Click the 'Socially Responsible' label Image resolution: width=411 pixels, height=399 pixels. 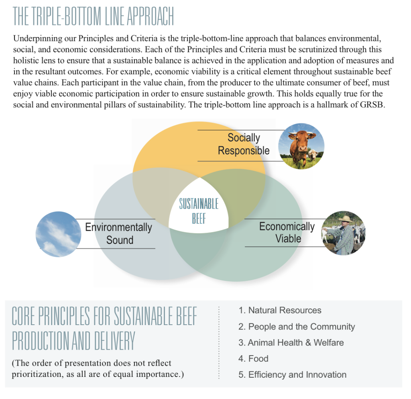[244, 144]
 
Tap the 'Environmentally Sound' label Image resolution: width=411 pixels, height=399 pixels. [119, 233]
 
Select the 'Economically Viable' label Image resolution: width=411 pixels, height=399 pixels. [287, 232]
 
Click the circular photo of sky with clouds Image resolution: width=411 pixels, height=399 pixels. [58, 234]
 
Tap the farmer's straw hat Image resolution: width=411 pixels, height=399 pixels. [345, 219]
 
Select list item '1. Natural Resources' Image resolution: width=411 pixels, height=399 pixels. [280, 310]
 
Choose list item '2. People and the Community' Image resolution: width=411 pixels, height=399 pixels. [297, 327]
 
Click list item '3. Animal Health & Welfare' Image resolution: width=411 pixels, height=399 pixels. [291, 343]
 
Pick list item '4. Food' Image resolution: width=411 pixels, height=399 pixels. [253, 358]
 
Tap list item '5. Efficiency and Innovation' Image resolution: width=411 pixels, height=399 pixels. [292, 374]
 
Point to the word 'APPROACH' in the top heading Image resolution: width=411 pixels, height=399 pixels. [150, 16]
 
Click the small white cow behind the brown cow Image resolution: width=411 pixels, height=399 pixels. [313, 155]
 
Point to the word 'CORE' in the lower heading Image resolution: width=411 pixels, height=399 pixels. [24, 316]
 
